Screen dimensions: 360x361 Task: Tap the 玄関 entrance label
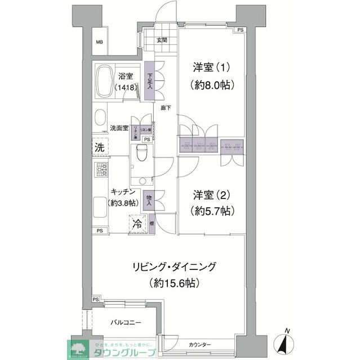[x=162, y=40]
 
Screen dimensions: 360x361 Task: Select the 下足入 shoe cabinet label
[x=150, y=82]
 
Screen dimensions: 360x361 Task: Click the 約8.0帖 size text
[x=212, y=85]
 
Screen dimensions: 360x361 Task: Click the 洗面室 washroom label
[x=119, y=127]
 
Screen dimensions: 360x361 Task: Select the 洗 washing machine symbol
[x=99, y=148]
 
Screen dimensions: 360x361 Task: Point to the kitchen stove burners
[x=101, y=169]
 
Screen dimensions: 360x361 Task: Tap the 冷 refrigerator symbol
[x=137, y=223]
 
